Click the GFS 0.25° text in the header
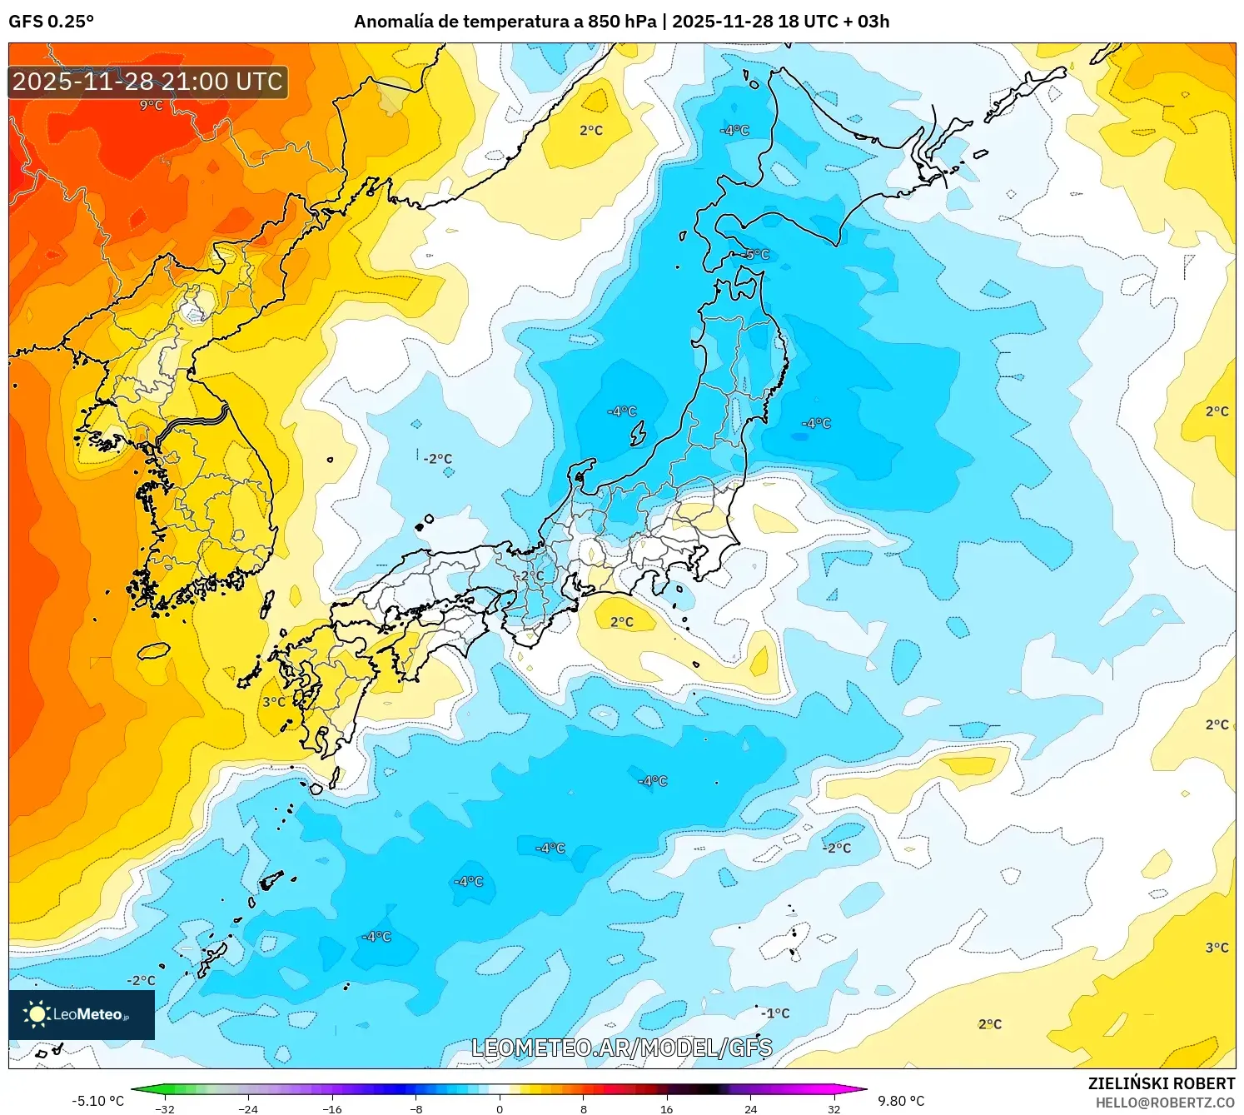pos(52,22)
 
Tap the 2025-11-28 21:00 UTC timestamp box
pos(148,82)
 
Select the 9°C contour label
pos(151,105)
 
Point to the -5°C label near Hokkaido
pos(757,254)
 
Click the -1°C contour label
pos(775,1013)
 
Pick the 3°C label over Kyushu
pos(274,702)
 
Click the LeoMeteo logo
pos(82,1014)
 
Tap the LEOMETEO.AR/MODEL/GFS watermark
pos(621,1048)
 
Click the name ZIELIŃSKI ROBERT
pos(1162,1083)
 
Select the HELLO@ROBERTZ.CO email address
pos(1165,1103)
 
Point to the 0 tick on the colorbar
pos(500,1108)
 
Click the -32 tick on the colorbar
pos(165,1108)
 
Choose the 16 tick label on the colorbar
pos(667,1108)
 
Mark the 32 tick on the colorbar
pos(834,1108)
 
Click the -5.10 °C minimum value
pos(98,1101)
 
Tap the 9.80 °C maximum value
pos(901,1101)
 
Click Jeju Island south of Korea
pos(153,650)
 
